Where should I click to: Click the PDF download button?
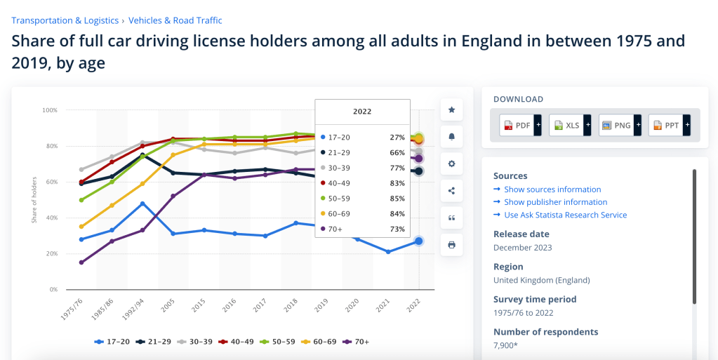[x=518, y=126]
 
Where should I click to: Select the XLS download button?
[x=567, y=126]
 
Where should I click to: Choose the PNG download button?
[x=616, y=126]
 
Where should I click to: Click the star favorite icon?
[x=451, y=110]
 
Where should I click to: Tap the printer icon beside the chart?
[x=451, y=245]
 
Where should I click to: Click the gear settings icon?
[x=451, y=164]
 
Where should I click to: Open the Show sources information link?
[x=553, y=189]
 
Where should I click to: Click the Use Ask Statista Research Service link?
[x=565, y=215]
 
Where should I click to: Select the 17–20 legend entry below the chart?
[x=112, y=342]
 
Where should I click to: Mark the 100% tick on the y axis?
[x=49, y=110]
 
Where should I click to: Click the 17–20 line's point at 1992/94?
[x=142, y=204]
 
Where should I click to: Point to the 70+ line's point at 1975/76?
[x=82, y=262]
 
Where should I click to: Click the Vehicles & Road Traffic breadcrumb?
[x=175, y=20]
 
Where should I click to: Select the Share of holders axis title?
[x=33, y=201]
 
